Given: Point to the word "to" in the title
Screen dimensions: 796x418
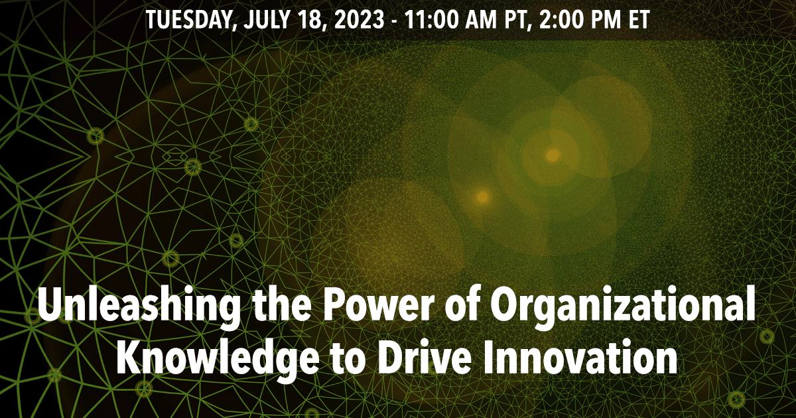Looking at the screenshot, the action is pos(347,359).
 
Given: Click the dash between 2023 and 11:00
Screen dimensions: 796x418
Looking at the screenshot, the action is pos(394,21).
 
